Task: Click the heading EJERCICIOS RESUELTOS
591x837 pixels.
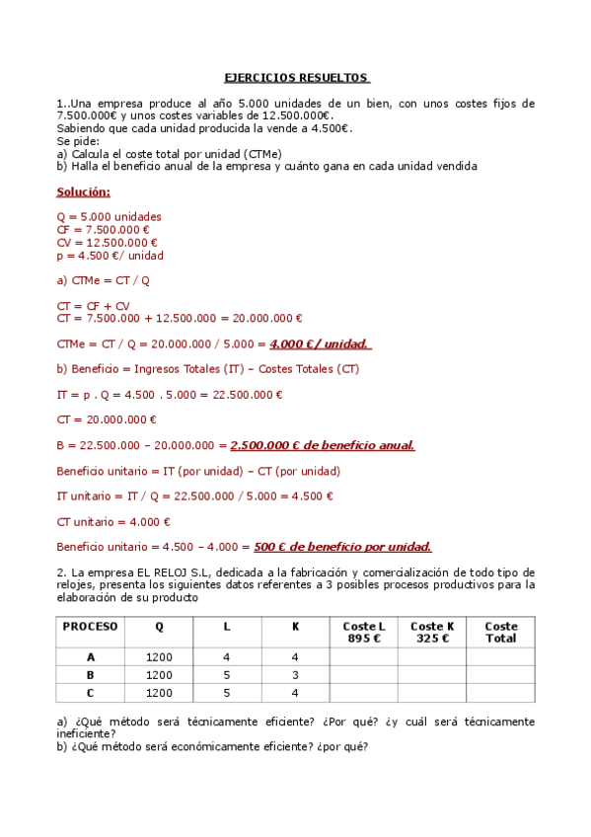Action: click(296, 77)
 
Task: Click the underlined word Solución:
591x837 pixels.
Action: click(84, 191)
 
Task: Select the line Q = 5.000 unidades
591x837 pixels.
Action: click(110, 217)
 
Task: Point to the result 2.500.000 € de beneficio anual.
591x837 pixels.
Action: click(322, 445)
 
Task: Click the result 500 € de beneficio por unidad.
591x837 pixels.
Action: click(342, 547)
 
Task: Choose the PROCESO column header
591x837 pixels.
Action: click(90, 626)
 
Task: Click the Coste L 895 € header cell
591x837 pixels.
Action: click(364, 632)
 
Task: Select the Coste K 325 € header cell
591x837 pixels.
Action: click(432, 632)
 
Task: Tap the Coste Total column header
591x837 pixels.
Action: click(500, 632)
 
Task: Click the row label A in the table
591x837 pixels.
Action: click(91, 657)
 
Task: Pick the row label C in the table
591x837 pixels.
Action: click(91, 693)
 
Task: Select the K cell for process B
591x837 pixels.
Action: click(295, 675)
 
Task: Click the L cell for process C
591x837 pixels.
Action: click(227, 693)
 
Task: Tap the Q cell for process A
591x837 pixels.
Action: click(159, 657)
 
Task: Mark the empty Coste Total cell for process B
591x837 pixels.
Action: click(500, 675)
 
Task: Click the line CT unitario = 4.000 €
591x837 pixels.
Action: click(113, 522)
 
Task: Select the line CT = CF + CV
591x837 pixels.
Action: click(94, 306)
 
